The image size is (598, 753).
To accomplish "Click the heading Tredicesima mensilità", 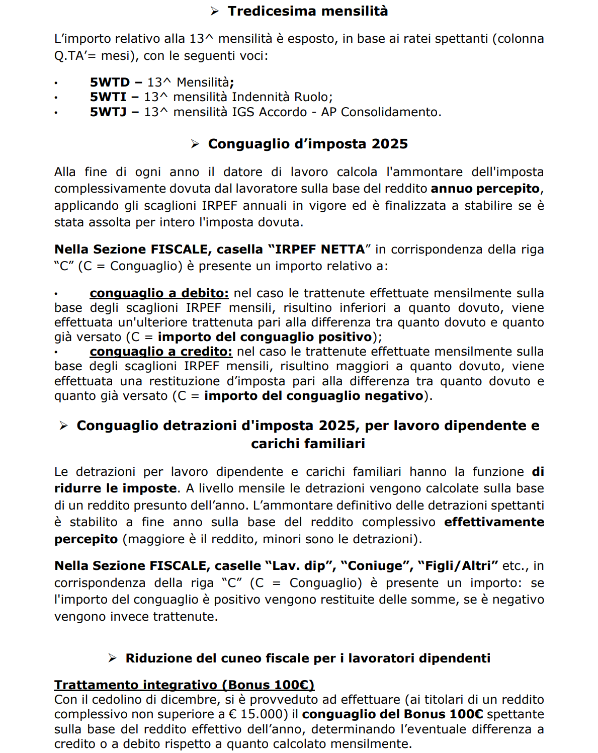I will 307,11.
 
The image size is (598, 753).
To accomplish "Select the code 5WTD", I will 110,82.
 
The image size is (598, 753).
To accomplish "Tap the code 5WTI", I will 108,97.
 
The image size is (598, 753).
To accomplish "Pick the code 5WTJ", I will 108,112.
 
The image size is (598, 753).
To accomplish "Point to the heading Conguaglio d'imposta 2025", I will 307,144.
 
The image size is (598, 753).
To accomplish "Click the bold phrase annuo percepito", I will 485,189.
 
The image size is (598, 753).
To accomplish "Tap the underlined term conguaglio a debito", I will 159,293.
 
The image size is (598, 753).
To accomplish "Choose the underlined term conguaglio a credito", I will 161,352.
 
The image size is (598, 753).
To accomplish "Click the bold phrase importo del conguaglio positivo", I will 265,337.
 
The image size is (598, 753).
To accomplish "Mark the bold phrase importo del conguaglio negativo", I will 314,396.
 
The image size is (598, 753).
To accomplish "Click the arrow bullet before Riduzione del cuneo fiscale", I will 113,658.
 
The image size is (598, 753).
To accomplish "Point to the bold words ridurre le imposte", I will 116,488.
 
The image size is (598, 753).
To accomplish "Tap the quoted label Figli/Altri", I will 458,566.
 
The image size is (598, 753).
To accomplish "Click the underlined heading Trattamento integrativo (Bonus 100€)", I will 184,685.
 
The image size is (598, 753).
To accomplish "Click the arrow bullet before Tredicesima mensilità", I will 215,12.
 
